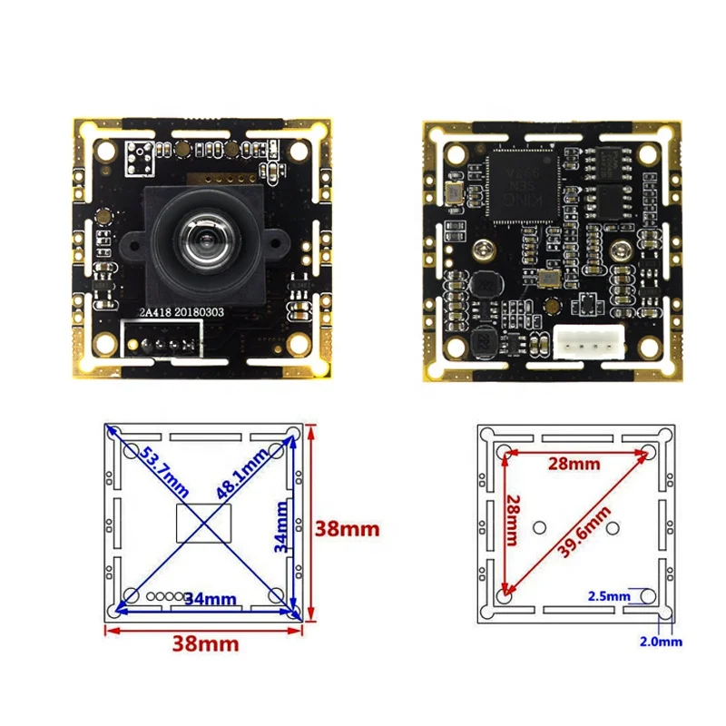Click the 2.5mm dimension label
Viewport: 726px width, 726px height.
click(x=608, y=596)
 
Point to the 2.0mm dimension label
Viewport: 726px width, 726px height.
click(x=660, y=641)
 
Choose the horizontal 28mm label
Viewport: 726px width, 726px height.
click(x=574, y=464)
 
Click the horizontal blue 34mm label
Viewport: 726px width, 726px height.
click(x=211, y=599)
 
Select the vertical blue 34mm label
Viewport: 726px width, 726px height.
click(x=281, y=526)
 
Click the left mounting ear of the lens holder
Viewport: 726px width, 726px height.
click(x=132, y=243)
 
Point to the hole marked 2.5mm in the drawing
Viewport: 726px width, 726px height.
click(x=646, y=595)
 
